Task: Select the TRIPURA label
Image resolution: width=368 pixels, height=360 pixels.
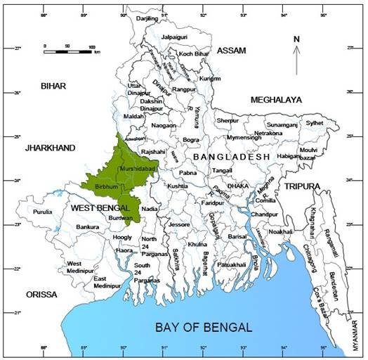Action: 302,186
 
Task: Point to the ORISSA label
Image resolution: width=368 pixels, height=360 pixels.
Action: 42,295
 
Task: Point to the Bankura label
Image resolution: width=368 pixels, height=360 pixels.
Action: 88,227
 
